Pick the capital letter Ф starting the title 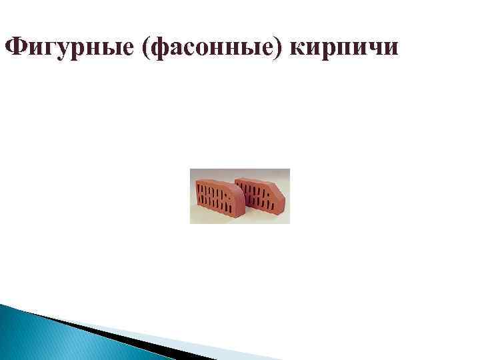click(13, 46)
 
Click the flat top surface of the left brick click(210, 176)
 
